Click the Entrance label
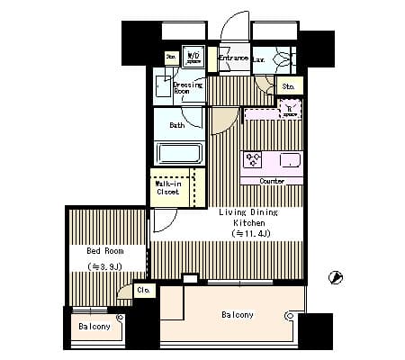[x=232, y=58]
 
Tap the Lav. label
[x=258, y=59]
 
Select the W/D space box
[x=193, y=58]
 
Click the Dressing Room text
[x=186, y=88]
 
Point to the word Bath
[x=177, y=125]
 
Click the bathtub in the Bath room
[x=180, y=153]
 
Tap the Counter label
[x=272, y=181]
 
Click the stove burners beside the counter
[x=254, y=160]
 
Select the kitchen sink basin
[x=291, y=160]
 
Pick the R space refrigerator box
[x=289, y=112]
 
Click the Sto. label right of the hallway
[x=288, y=86]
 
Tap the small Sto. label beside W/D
[x=171, y=57]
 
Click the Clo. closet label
[x=144, y=290]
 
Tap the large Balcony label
[x=238, y=315]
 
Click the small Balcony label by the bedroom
[x=94, y=327]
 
